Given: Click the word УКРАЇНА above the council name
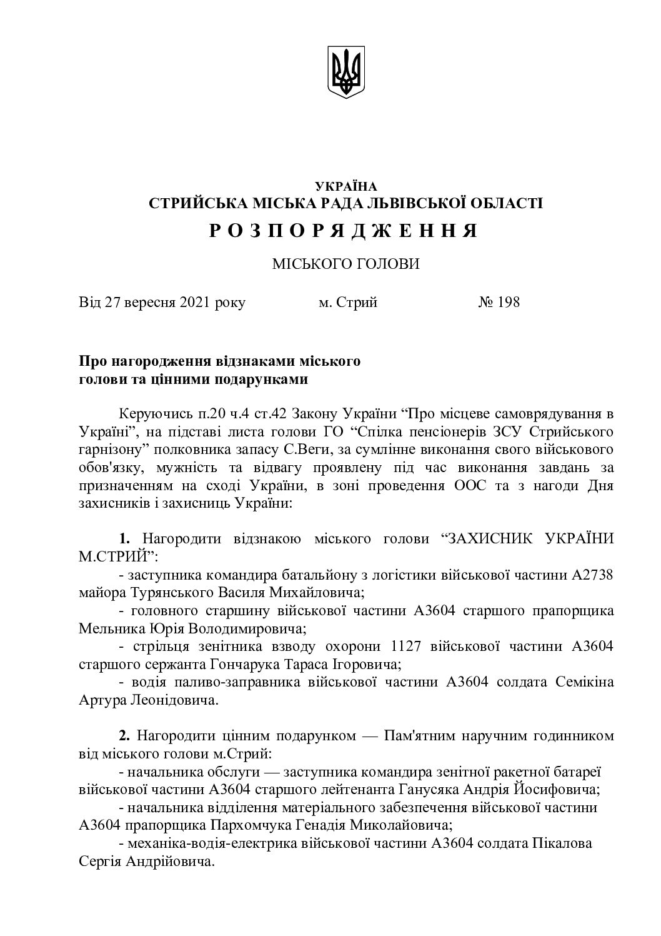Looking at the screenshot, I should coord(346,186).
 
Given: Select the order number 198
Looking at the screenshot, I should coord(509,303).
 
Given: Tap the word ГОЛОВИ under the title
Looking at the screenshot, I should coord(387,264).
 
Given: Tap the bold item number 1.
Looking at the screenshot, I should coord(124,538).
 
